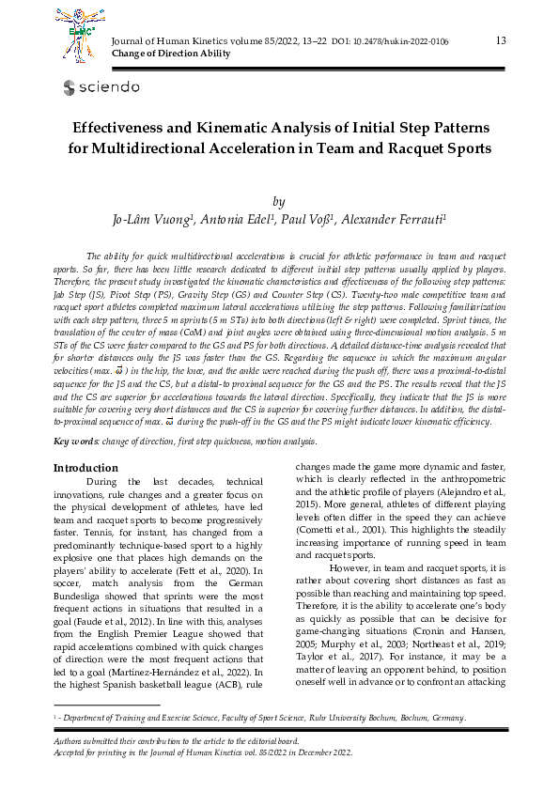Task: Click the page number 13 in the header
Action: (500, 39)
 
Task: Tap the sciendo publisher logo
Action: (101, 87)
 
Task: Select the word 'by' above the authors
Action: (278, 201)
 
